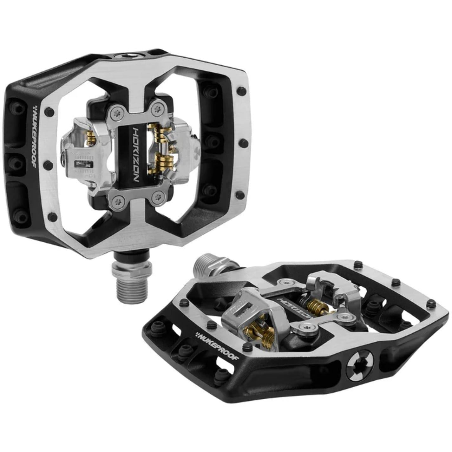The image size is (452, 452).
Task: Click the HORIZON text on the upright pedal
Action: point(135,154)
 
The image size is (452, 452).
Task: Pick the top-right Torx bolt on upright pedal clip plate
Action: point(158,109)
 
